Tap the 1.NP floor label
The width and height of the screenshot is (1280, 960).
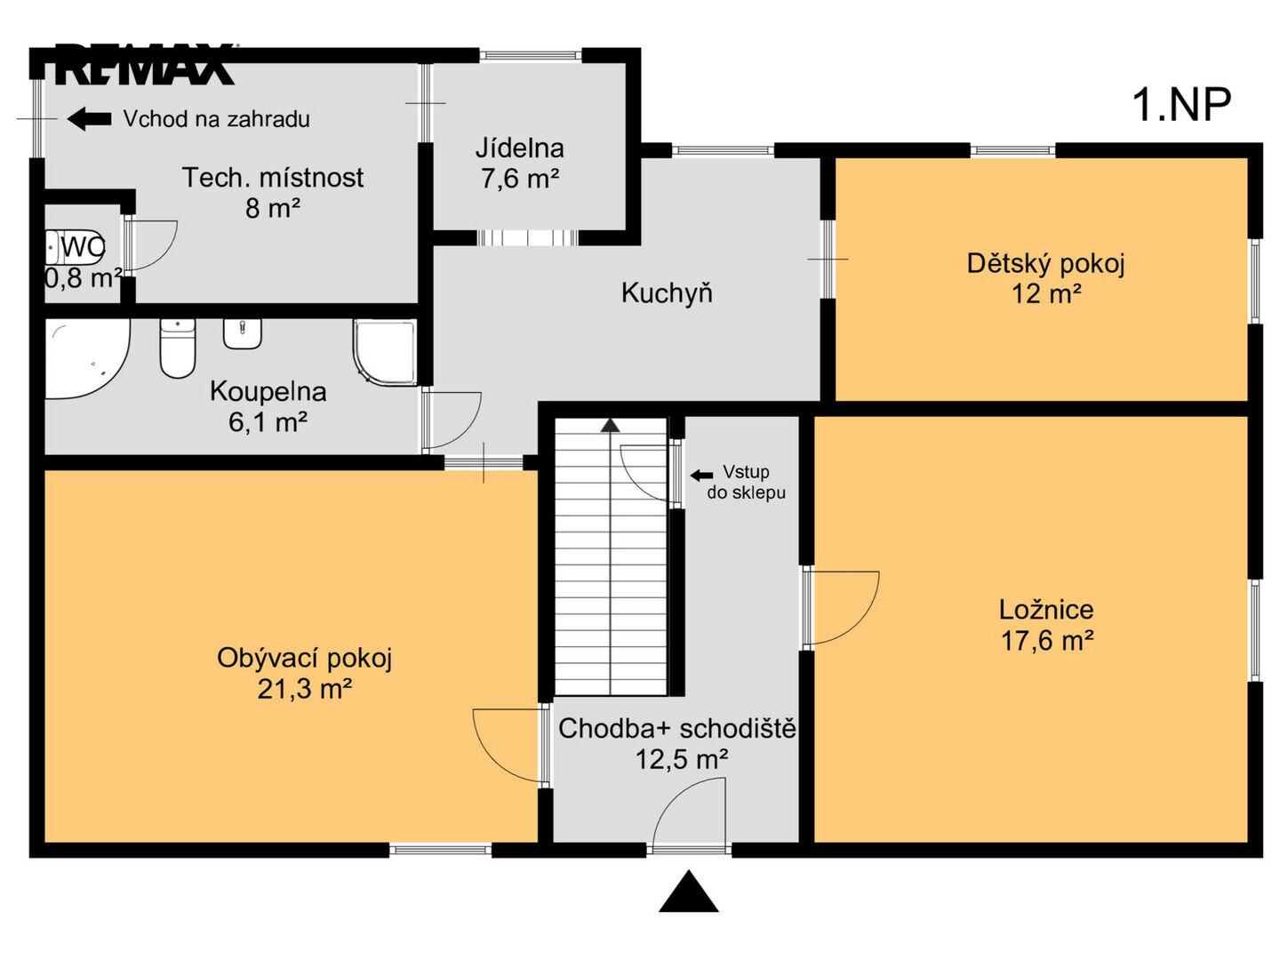click(x=1180, y=105)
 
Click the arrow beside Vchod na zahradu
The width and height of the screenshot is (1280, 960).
click(x=89, y=119)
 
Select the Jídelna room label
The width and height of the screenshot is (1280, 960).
click(x=520, y=148)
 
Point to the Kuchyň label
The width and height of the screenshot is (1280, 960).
click(x=667, y=292)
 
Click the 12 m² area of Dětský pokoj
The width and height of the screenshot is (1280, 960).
click(x=1046, y=293)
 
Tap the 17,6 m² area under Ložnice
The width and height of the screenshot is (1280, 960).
click(x=1047, y=641)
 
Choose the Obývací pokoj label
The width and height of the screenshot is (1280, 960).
click(x=304, y=658)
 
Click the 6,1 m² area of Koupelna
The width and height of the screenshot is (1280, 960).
click(x=268, y=421)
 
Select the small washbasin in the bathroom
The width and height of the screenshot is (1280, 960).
click(x=243, y=333)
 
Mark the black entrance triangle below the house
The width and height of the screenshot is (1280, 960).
click(x=689, y=892)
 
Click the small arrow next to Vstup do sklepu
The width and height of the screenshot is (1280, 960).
click(x=701, y=476)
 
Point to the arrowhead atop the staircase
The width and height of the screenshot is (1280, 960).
click(x=610, y=425)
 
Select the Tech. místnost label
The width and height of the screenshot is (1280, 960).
click(x=273, y=177)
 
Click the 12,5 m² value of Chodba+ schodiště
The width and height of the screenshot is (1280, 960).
click(x=681, y=759)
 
